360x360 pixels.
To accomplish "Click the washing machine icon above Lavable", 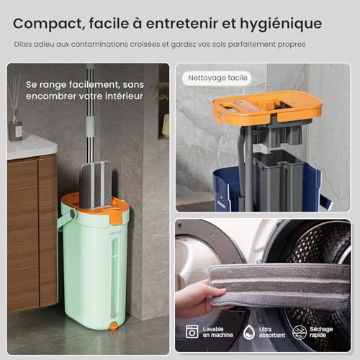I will click(192, 331).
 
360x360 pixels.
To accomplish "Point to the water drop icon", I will click(248, 331).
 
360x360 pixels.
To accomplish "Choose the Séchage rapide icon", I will click(300, 331).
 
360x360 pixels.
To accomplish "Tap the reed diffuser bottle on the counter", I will click(15, 122).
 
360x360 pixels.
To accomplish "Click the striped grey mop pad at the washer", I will click(277, 285).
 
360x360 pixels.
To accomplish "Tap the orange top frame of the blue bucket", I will click(266, 106).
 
